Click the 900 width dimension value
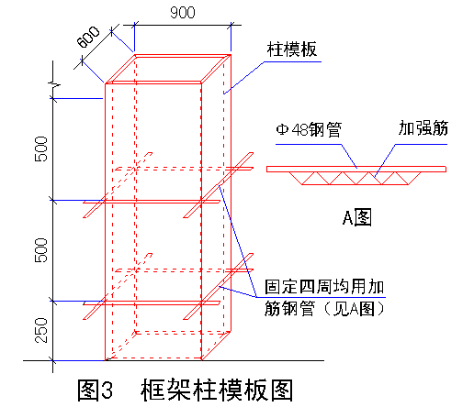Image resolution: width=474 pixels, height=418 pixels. click(183, 13)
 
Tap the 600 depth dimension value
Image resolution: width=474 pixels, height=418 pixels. click(88, 38)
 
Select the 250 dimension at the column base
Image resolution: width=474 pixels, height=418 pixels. click(41, 330)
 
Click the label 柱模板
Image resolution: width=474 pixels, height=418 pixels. click(292, 49)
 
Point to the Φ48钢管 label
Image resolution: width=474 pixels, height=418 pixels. click(309, 129)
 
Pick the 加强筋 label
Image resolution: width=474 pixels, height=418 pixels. click(423, 128)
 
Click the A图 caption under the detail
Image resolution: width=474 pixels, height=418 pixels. click(357, 217)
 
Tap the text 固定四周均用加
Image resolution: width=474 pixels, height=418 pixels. click(324, 287)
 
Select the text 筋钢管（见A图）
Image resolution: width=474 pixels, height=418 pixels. click(324, 309)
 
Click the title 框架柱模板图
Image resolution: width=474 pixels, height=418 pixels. click(217, 390)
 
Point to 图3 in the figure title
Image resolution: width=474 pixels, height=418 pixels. click(95, 390)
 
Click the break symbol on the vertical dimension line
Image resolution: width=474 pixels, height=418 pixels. click(53, 83)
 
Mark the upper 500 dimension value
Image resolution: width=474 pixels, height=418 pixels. click(41, 148)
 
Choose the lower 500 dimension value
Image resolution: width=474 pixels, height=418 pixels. click(41, 250)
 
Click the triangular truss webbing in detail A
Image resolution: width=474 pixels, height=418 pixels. click(355, 179)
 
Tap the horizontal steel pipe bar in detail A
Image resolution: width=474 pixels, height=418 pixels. click(356, 169)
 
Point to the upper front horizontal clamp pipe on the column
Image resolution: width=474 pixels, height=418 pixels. click(152, 202)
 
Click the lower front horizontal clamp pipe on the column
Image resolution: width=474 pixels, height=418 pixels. click(152, 303)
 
